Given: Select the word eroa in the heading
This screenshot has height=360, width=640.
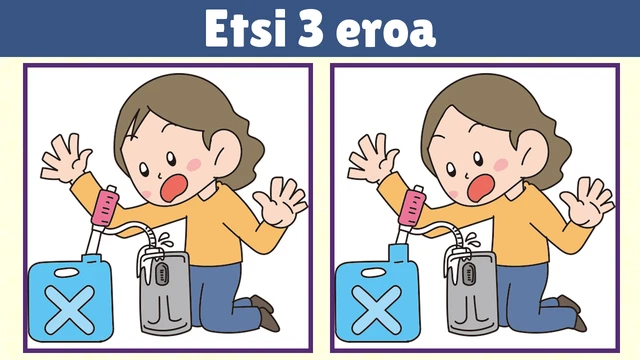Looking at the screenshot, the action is [386, 32].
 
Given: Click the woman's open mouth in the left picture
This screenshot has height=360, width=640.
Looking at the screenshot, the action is [173, 188].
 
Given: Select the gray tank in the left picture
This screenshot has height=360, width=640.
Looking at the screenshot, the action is [164, 292].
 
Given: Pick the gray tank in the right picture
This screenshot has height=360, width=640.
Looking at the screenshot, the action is [471, 292].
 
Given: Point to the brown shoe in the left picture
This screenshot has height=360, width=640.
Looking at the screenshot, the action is [265, 312].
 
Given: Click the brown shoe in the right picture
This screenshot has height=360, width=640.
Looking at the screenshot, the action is [572, 312].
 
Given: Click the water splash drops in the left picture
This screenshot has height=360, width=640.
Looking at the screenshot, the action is [166, 240].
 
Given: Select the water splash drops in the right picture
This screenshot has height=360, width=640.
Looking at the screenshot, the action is [473, 240].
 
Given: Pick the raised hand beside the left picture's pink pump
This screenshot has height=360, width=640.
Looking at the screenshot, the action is [67, 158].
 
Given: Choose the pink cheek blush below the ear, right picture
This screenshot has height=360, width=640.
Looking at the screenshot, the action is [501, 164].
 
